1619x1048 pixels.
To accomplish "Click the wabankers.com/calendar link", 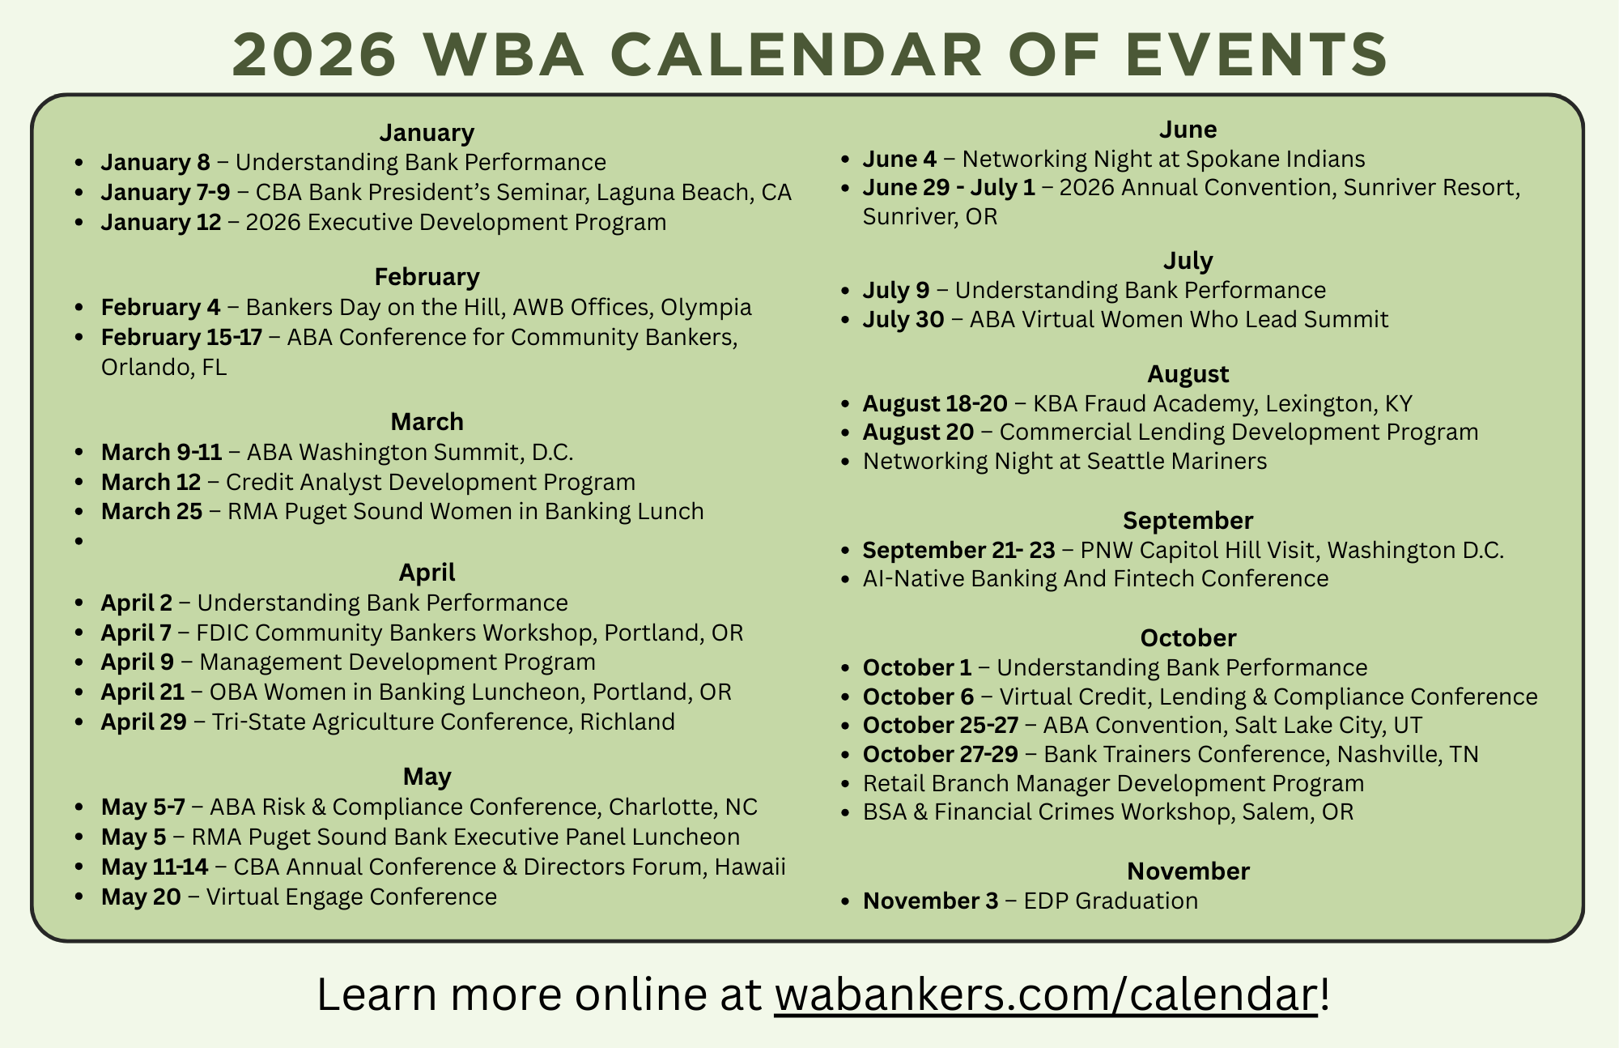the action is point(1046,995).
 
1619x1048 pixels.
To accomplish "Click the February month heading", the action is point(427,277).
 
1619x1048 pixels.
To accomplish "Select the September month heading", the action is point(1188,520).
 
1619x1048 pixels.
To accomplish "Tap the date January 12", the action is point(161,222).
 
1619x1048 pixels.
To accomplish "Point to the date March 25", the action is point(151,511).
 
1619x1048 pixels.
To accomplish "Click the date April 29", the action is point(143,722).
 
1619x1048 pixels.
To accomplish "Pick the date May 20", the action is point(141,897).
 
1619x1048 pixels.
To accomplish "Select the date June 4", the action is point(899,159).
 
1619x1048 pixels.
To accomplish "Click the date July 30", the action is point(903,319).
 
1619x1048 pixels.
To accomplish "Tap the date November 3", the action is point(930,901).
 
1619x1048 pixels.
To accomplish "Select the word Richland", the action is point(627,722).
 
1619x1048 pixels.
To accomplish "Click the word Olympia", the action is point(706,308).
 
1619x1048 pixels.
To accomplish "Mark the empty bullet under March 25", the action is point(79,541).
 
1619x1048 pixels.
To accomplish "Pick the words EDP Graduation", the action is point(1111,901).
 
